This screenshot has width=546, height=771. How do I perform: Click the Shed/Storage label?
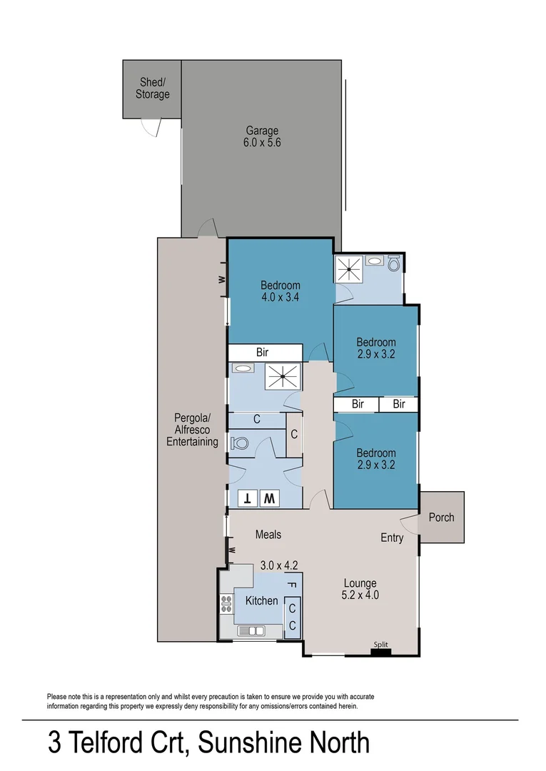(x=153, y=89)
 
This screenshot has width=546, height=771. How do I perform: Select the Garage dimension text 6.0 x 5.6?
(x=262, y=142)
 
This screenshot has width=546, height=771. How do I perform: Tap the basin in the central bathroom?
(x=243, y=369)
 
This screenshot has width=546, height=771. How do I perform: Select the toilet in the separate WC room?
(x=240, y=443)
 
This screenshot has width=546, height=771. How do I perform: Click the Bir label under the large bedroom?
(x=262, y=353)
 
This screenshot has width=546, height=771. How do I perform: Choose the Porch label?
(x=441, y=517)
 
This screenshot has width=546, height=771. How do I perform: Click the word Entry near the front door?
(x=392, y=538)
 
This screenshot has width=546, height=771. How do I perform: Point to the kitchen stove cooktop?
(x=226, y=604)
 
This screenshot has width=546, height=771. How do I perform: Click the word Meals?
(x=268, y=535)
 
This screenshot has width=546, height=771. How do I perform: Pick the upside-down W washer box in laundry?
(x=269, y=498)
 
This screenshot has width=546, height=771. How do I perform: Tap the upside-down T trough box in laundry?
(x=248, y=498)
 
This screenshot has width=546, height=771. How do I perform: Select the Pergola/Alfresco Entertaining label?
(x=192, y=430)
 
